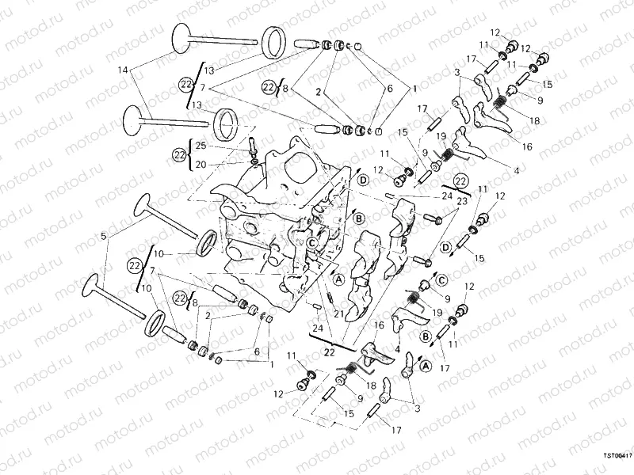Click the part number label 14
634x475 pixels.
coord(122,70)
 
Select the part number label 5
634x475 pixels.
coord(103,235)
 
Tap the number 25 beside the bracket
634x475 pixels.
coord(201,146)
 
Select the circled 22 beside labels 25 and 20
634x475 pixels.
coord(180,154)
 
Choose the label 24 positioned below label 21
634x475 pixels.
coord(318,328)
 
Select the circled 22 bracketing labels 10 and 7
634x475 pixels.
coord(134,265)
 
